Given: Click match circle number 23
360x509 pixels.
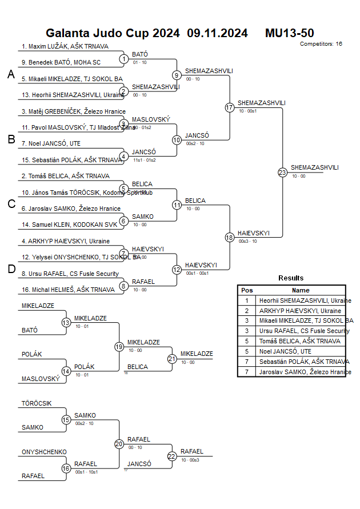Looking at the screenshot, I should [282, 173].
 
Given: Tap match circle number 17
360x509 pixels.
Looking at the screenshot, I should [229, 107].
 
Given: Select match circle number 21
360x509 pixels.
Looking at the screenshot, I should [172, 359].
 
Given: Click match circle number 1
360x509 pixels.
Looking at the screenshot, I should [123, 58].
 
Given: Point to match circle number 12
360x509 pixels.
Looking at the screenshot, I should [177, 270].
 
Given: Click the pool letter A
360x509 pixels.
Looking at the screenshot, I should [11, 74].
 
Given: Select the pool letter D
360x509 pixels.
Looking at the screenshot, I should [11, 270].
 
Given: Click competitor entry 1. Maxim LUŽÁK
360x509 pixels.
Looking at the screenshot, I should [65, 46].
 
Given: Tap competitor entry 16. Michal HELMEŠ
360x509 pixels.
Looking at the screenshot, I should [65, 290].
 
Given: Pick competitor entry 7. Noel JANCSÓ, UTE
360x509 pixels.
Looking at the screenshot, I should [51, 143].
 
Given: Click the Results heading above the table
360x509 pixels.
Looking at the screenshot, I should [291, 278].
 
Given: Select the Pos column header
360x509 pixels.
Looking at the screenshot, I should [247, 290].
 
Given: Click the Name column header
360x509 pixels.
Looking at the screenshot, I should [301, 290].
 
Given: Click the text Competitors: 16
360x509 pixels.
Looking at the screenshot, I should [321, 43].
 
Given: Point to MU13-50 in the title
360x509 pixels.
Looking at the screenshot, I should [289, 33].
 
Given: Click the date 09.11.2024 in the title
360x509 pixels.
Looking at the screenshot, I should [217, 33].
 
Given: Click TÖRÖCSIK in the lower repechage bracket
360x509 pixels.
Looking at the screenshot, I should [37, 403].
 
